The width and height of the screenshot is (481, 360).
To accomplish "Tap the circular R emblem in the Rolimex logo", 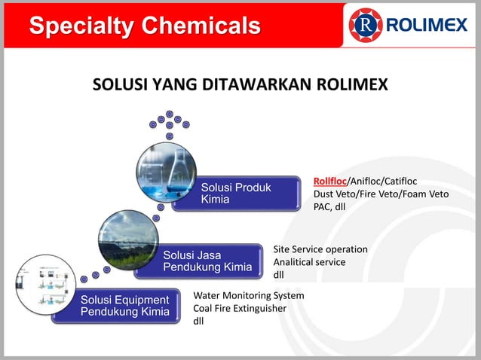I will click(366, 26).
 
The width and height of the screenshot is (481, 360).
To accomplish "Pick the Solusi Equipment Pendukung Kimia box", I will click(124, 307).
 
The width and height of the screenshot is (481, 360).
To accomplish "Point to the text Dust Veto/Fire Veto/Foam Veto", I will click(381, 194).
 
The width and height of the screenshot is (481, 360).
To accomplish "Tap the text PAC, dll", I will click(329, 207).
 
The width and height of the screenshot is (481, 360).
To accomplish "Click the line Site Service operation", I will click(320, 249).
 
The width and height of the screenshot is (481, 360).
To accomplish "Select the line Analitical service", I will click(309, 262).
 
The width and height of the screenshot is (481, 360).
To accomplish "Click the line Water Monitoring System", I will click(249, 296).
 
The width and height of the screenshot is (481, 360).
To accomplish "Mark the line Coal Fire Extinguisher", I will click(240, 309).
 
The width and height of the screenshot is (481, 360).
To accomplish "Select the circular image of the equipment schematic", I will click(45, 285).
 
